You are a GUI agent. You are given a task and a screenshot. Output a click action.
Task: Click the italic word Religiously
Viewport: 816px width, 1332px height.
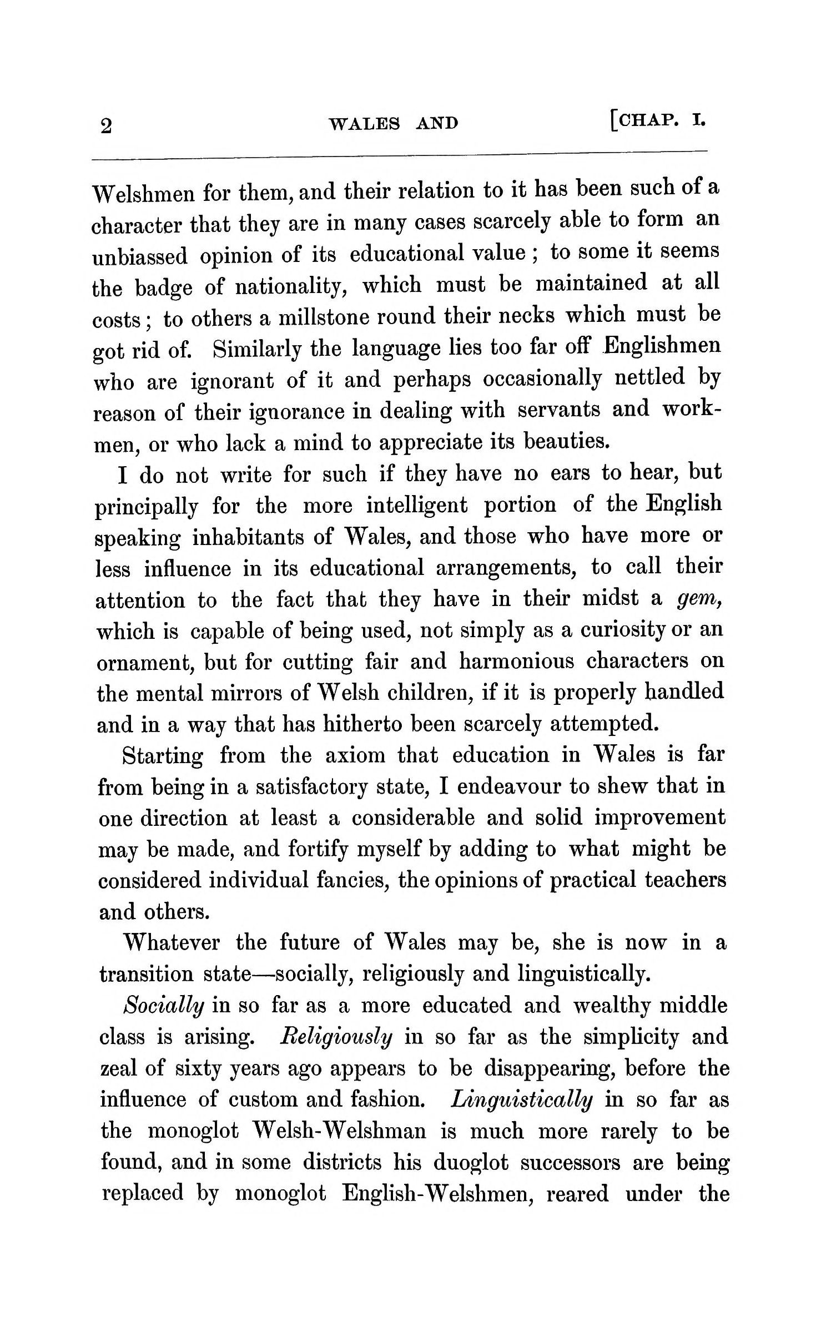point(337,1037)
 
